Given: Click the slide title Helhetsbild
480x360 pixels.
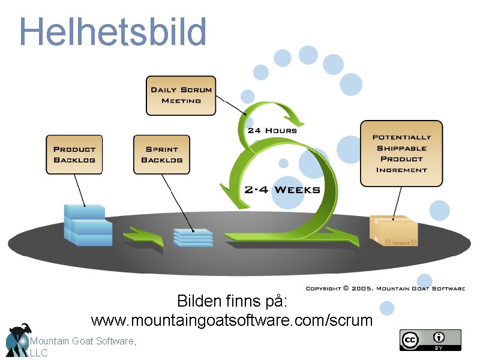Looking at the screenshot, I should [x=113, y=31].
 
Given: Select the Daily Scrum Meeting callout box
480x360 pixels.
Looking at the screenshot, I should [x=181, y=95].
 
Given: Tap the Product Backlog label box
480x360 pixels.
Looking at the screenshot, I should [x=74, y=155].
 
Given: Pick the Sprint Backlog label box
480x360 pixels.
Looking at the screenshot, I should [x=161, y=155].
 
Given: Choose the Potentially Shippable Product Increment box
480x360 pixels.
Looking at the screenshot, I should [x=401, y=153].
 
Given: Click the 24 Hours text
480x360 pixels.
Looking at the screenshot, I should [x=272, y=130].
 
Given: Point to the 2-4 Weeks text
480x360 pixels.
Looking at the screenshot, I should [x=282, y=190].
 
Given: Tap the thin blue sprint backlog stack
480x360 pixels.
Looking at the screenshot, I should [x=193, y=237].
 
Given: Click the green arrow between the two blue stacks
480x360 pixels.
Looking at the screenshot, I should [x=143, y=235].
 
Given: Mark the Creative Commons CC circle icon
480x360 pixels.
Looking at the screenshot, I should [x=410, y=340].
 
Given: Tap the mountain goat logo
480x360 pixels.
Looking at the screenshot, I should [x=17, y=340].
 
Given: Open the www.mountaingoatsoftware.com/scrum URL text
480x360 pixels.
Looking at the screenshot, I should [x=232, y=320].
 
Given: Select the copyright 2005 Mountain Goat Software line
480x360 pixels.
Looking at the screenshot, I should [x=385, y=289].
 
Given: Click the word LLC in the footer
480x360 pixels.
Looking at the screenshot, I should [x=38, y=353].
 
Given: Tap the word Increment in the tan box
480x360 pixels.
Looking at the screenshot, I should [x=401, y=170].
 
